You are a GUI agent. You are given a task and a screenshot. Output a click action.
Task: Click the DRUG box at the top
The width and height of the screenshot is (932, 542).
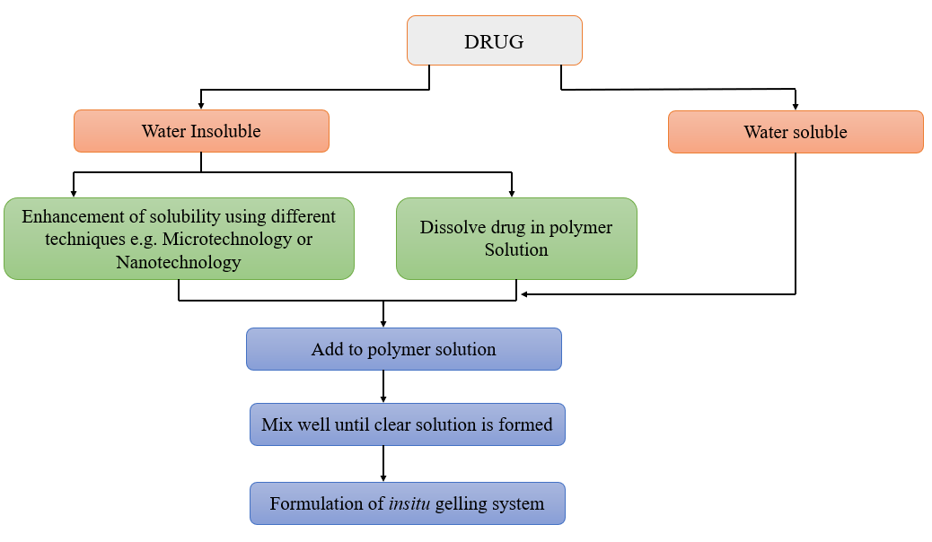tap(495, 41)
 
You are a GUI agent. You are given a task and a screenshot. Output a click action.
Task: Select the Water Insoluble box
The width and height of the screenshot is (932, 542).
tap(201, 131)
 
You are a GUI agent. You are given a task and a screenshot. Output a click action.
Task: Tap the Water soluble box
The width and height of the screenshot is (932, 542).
tap(796, 132)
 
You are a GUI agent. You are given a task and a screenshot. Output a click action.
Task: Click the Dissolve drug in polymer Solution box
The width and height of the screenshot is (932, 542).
tap(516, 238)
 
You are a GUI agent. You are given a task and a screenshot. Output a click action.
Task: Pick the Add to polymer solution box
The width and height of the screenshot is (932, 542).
tap(403, 349)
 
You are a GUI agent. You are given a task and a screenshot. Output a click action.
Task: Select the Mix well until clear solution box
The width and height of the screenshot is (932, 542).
tap(407, 424)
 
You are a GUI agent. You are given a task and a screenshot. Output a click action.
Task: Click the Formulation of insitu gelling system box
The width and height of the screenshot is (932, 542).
tap(407, 503)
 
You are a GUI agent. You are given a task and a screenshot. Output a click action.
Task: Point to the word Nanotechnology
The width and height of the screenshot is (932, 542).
tap(179, 263)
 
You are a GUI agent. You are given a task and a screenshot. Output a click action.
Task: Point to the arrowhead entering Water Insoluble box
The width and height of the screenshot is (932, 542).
tap(201, 105)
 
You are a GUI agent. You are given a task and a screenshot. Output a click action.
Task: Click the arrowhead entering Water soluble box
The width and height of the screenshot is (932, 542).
tap(796, 106)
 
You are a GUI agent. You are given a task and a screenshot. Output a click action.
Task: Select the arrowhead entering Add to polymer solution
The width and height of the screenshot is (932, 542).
tap(383, 323)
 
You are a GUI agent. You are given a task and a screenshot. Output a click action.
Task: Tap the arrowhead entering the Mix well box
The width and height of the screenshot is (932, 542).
tap(383, 398)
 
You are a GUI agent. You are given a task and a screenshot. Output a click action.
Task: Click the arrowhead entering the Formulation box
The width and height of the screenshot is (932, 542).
tap(383, 478)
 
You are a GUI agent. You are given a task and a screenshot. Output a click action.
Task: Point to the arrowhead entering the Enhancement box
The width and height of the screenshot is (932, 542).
tap(74, 192)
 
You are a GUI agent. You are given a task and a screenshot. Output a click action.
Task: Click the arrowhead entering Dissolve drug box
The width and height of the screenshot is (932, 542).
tap(512, 192)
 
